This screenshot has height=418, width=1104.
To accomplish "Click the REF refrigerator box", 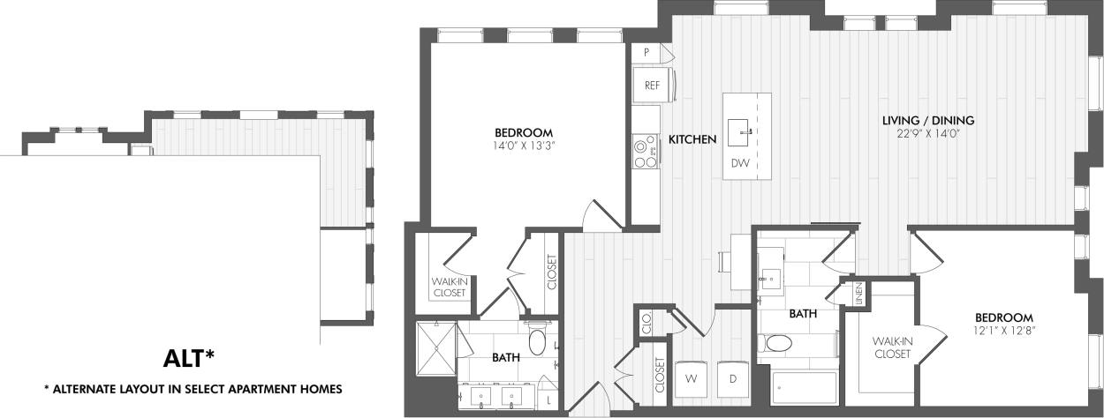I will point(653,86).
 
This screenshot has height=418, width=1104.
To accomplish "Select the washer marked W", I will point(690,377).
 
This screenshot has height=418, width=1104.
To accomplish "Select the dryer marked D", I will point(733,377).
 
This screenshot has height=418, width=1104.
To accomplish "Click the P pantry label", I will point(647,53).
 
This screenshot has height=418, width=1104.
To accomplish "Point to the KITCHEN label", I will point(692,139).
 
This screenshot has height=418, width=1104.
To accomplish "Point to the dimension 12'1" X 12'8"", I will point(1004,332).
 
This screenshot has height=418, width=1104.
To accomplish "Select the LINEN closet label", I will point(858,295).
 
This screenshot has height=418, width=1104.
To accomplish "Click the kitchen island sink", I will point(740,134).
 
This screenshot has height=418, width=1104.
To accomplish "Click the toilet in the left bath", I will point(537,341).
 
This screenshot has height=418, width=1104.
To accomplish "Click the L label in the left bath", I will point(549,400).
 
